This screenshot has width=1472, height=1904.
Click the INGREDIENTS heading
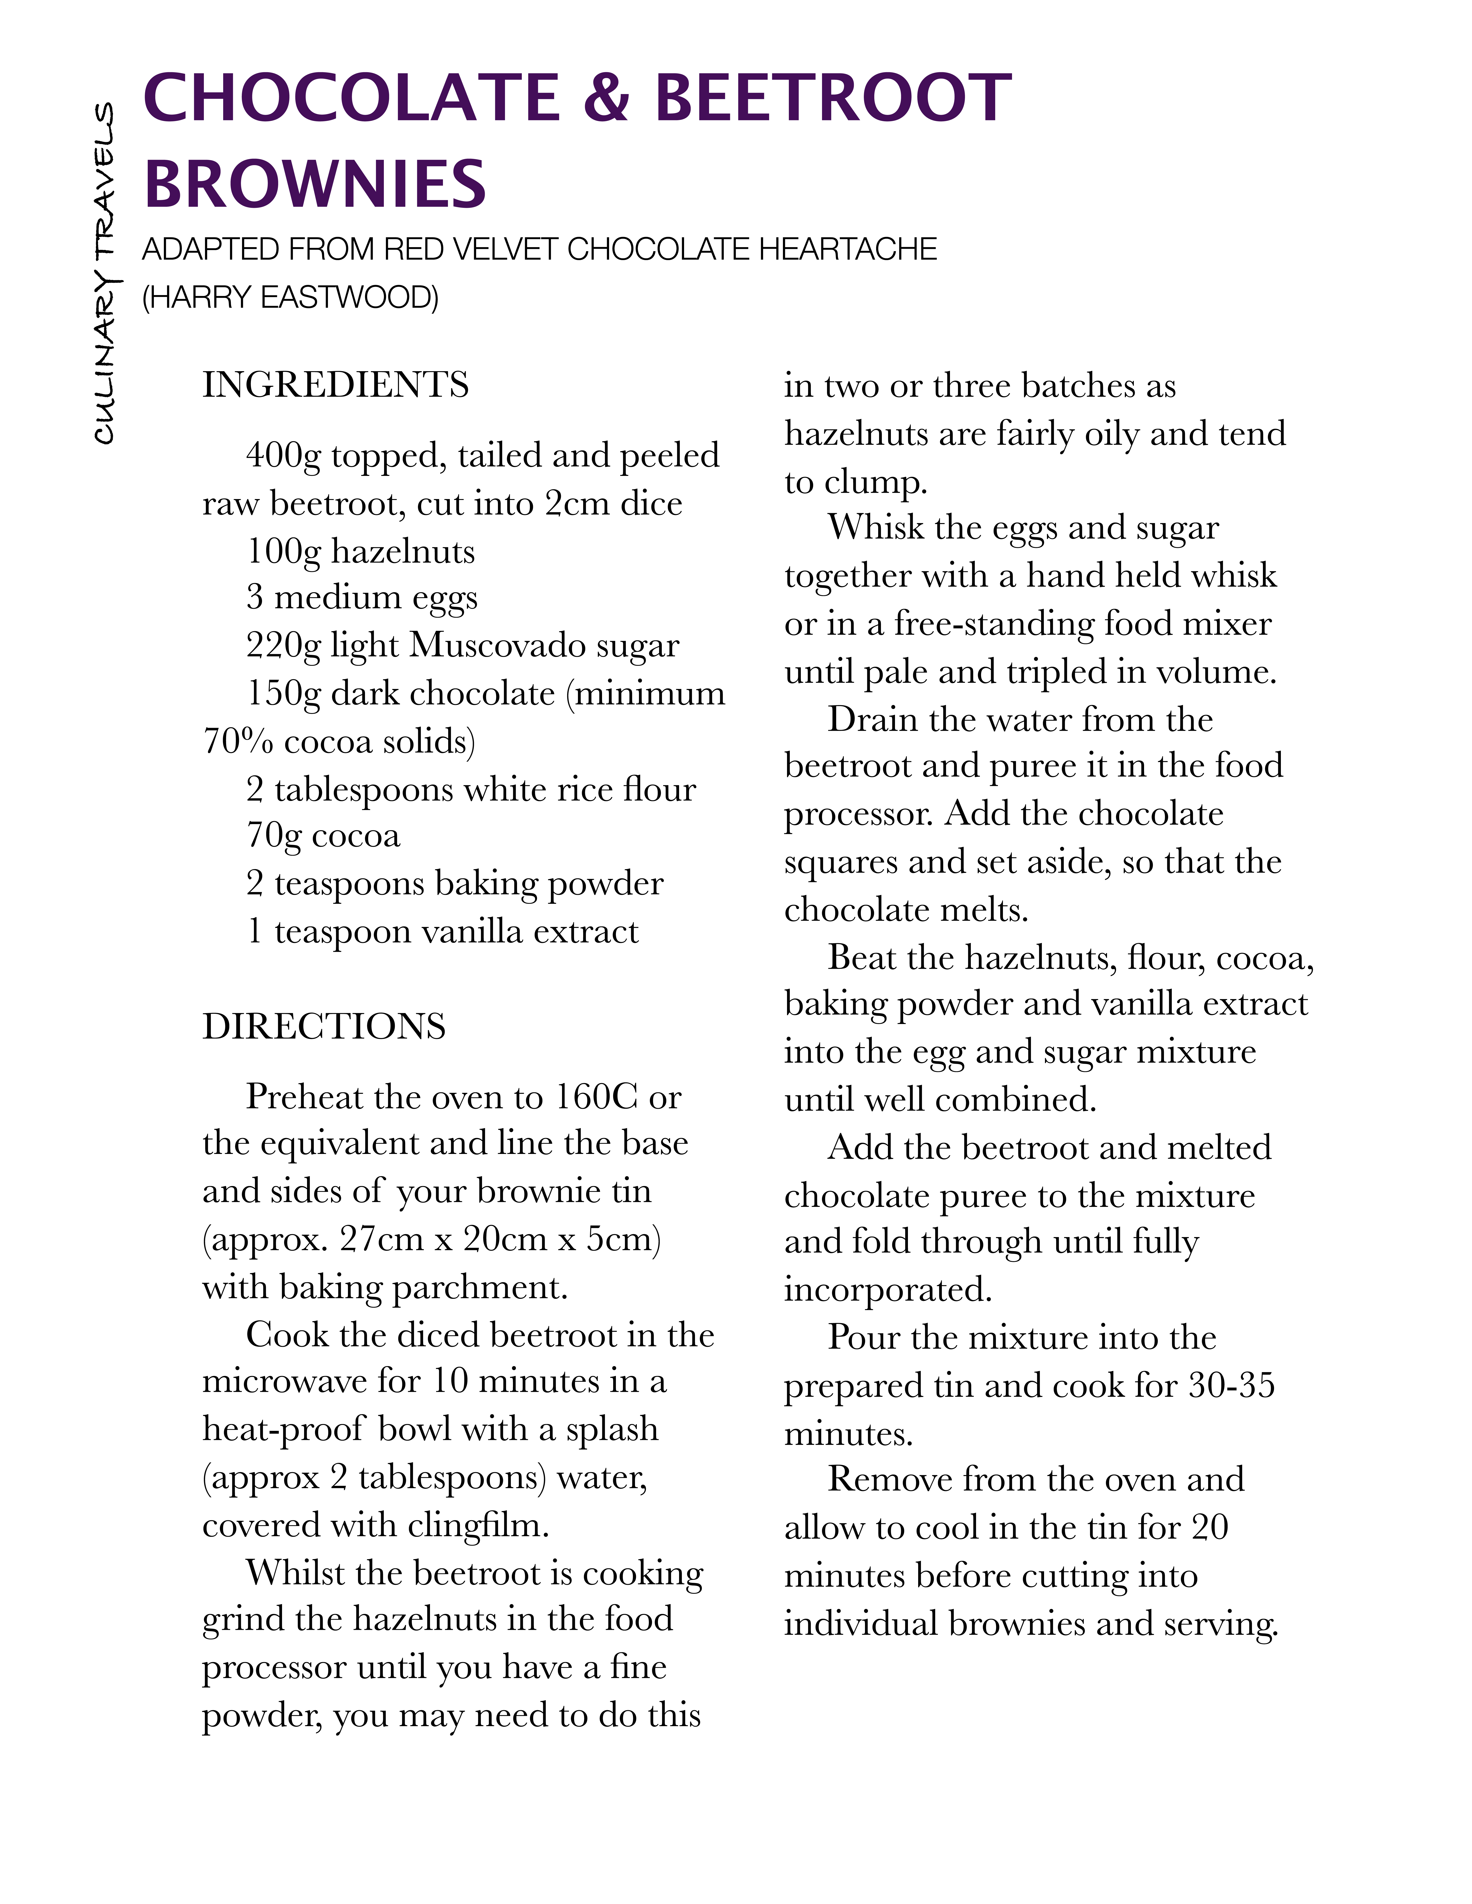336,385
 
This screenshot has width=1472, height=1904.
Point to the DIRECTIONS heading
324,1026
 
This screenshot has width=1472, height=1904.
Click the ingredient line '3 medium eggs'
362,597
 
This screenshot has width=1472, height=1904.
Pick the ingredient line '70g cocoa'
323,835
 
